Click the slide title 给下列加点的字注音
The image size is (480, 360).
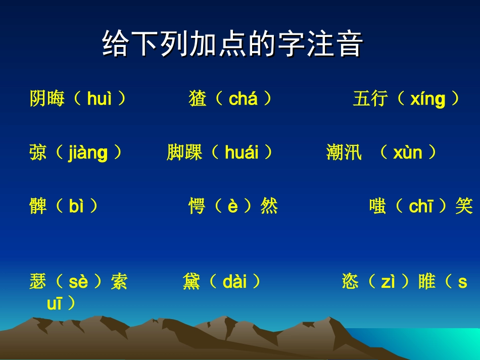233,44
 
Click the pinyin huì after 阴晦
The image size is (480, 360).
99,99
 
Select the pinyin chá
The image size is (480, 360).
243,99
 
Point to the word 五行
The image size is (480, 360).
370,99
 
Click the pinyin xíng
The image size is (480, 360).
427,99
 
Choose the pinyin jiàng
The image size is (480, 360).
88,152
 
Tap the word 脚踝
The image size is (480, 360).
184,152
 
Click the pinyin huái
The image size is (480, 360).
242,152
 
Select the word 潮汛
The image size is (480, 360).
344,152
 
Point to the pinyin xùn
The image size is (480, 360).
407,152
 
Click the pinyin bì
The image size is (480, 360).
76,206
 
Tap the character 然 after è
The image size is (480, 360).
269,206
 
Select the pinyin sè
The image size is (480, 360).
78,282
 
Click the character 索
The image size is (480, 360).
119,282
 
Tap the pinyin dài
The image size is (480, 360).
234,282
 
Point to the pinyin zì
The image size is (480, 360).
388,282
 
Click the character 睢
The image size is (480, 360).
427,282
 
